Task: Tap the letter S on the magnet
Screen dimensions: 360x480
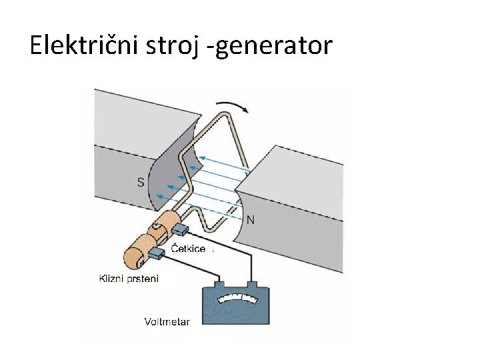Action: coord(141,181)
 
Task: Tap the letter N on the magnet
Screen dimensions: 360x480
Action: coord(251,219)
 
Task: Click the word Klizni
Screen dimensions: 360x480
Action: coord(113,279)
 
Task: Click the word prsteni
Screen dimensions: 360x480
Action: coord(143,279)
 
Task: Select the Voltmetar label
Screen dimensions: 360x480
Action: coord(167,321)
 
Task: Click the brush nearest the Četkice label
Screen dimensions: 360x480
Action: coord(180,231)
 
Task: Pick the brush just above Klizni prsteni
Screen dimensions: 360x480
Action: coord(156,253)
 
